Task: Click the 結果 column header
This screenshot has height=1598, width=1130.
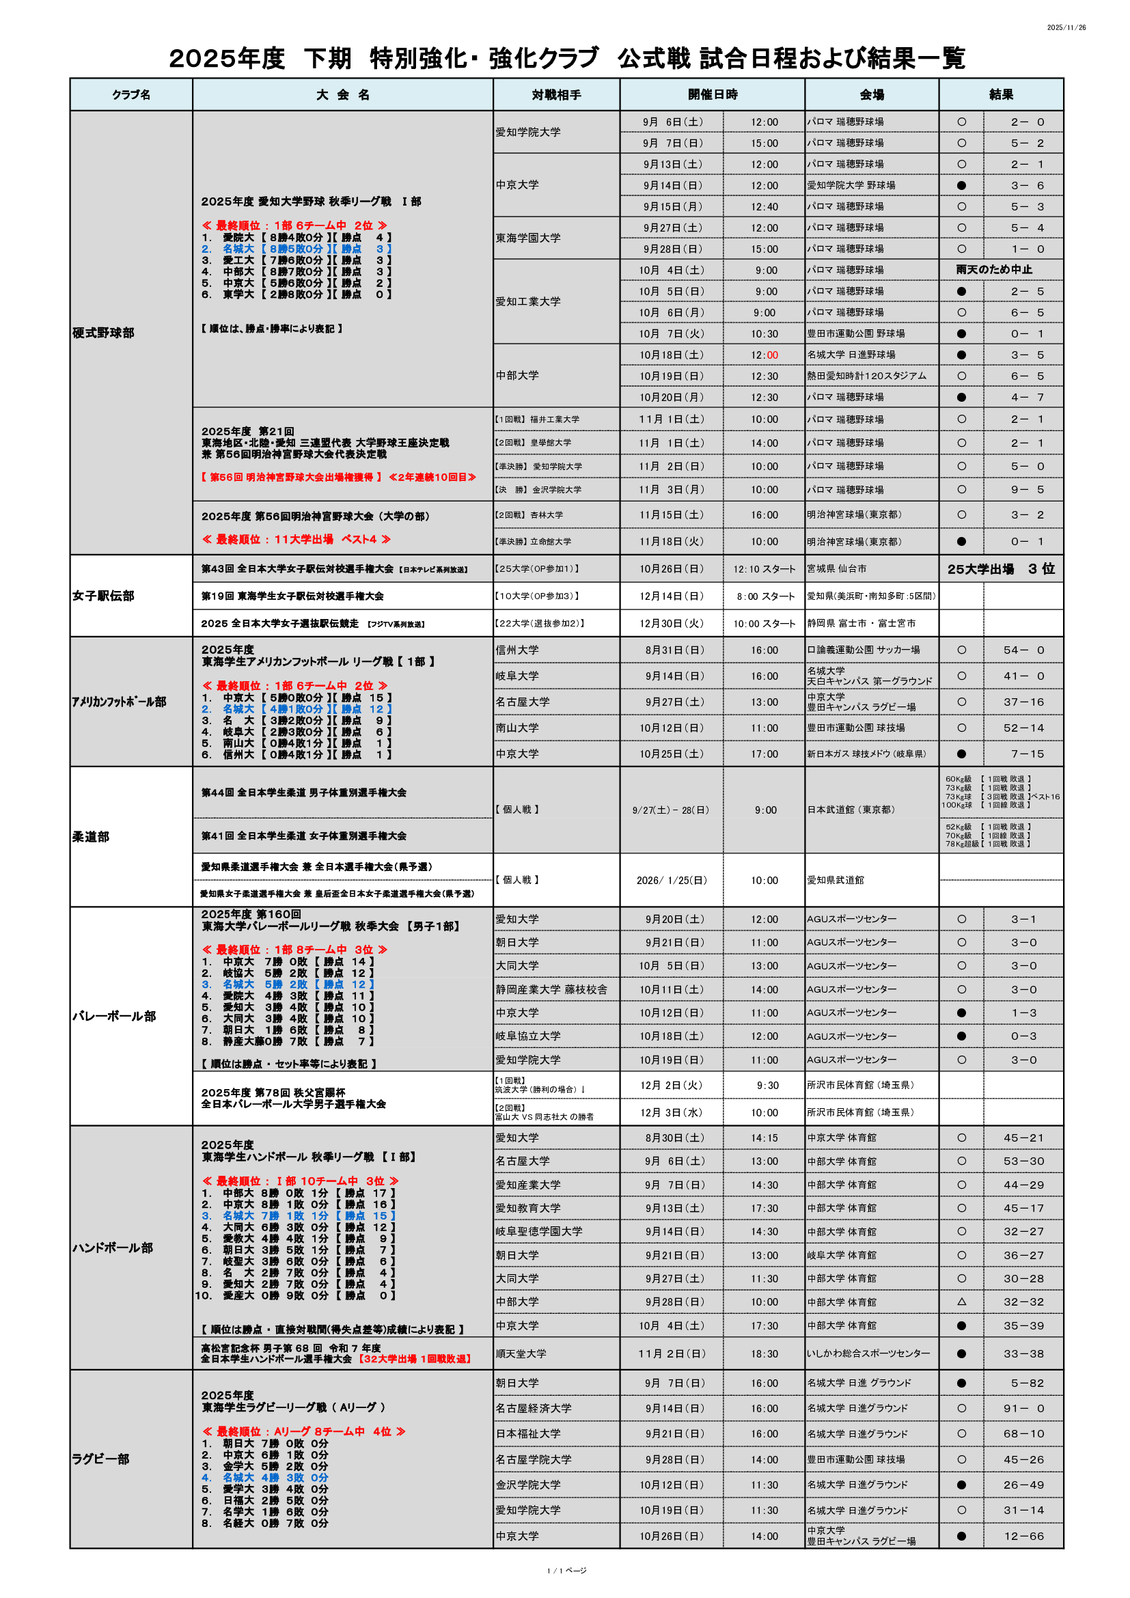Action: [x=1001, y=95]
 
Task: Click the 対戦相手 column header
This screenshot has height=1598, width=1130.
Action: [x=556, y=95]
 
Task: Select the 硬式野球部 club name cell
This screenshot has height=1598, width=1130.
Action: [x=103, y=333]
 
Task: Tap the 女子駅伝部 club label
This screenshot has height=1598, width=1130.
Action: [x=103, y=596]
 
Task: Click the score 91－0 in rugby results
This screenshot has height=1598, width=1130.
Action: [x=1023, y=1408]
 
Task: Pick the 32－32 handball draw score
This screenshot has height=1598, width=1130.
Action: [x=1023, y=1301]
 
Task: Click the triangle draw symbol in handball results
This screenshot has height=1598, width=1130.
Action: [x=962, y=1301]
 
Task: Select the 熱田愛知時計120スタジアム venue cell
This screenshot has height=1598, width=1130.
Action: [x=866, y=376]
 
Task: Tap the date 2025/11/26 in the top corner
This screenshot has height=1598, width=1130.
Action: [x=1066, y=28]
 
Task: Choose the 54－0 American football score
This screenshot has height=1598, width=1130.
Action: [x=1023, y=650]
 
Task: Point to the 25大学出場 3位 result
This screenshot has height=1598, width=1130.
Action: [x=1001, y=568]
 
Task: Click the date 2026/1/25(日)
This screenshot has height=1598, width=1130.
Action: [x=672, y=881]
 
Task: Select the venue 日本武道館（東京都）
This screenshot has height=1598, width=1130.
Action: [x=851, y=810]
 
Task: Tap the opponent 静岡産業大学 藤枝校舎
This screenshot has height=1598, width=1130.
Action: [x=551, y=989]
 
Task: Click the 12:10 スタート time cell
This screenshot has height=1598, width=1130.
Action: [x=764, y=569]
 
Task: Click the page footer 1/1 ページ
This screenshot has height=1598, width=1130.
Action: [x=566, y=1570]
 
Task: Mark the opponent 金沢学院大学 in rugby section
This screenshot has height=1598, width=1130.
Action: [x=527, y=1485]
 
